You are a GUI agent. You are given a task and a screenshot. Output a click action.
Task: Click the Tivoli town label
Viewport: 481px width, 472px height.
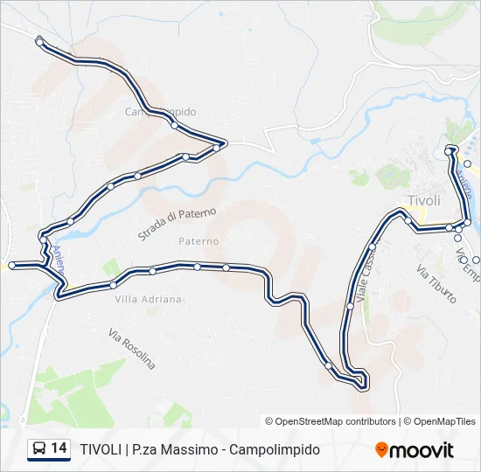click(x=424, y=200)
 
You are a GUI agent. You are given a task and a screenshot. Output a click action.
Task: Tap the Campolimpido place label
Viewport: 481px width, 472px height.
click(x=160, y=112)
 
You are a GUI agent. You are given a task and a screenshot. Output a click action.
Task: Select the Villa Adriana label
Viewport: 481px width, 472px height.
click(x=149, y=299)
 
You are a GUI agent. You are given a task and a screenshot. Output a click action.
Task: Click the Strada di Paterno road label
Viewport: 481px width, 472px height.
click(x=176, y=224)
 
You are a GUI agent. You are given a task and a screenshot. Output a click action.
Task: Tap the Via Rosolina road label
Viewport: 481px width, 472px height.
click(x=131, y=347)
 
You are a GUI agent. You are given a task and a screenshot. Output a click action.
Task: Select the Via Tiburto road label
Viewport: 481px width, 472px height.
click(x=436, y=283)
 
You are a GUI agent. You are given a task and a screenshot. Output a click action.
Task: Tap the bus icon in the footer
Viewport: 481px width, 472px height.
click(x=39, y=449)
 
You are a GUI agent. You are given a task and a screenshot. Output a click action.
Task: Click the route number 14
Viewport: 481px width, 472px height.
click(x=59, y=448)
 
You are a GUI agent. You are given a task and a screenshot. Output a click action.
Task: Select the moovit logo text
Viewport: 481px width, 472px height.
click(x=422, y=450)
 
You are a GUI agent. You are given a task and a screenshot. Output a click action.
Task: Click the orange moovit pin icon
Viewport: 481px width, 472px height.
click(x=381, y=450)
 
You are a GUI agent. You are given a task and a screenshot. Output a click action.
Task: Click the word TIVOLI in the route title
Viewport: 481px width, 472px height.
click(x=100, y=449)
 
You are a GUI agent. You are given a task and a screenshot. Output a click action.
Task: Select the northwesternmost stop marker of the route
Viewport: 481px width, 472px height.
click(x=39, y=41)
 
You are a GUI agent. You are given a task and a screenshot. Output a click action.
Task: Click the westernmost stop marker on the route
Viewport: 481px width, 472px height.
click(x=11, y=264)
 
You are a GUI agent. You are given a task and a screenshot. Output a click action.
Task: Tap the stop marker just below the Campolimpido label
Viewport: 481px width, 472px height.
click(x=175, y=126)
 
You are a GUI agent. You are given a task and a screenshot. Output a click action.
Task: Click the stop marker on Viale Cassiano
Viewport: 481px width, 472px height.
click(x=350, y=306)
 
